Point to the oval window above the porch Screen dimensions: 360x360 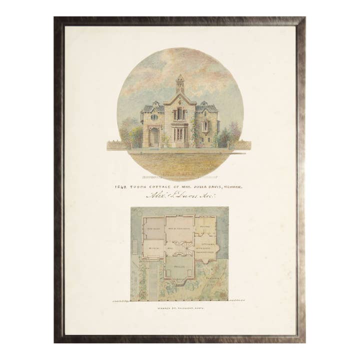pyautogui.click(x=154, y=117)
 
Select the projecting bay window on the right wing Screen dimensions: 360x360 pyautogui.click(x=205, y=126)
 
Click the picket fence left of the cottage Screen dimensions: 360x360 pyautogui.click(x=119, y=145)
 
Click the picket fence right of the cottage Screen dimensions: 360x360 pyautogui.click(x=239, y=145)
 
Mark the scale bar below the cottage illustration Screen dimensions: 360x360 pyautogui.click(x=180, y=176)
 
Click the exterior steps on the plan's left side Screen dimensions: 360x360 pyautogui.click(x=134, y=246)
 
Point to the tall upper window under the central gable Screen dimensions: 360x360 pyautogui.click(x=179, y=113)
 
